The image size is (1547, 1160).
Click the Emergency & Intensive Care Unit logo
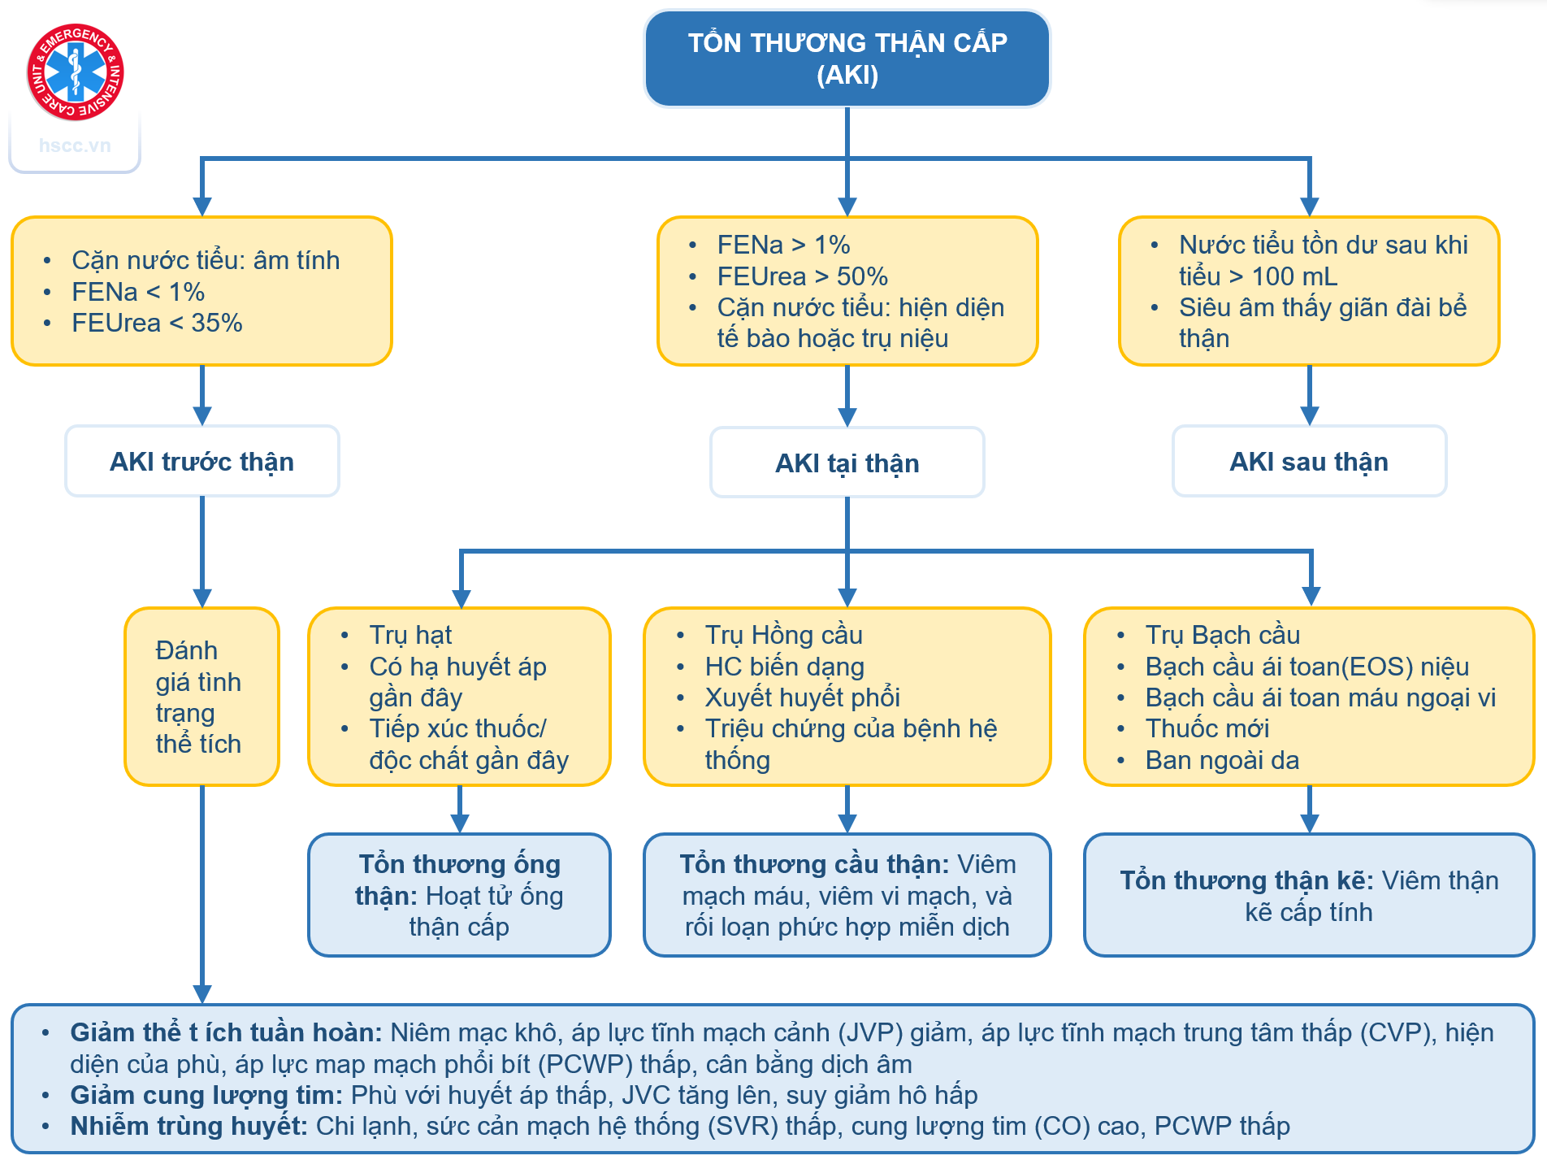[x=75, y=72]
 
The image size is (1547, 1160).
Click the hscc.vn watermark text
[x=75, y=146]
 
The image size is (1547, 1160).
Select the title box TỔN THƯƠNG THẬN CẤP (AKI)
[x=847, y=59]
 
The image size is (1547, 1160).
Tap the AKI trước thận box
[x=201, y=462]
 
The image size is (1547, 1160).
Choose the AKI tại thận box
[x=847, y=463]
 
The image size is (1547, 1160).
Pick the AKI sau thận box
[x=1308, y=462]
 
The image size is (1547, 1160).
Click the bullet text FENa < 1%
[x=137, y=292]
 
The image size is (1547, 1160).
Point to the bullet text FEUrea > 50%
[x=802, y=276]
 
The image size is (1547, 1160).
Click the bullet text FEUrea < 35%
[x=157, y=323]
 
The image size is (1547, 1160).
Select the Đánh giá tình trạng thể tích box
[x=201, y=697]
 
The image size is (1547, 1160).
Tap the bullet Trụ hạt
[x=410, y=635]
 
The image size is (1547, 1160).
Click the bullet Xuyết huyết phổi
[x=802, y=697]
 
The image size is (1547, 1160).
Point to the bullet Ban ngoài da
[x=1221, y=760]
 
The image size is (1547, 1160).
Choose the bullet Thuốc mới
[x=1207, y=728]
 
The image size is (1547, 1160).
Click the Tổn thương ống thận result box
[x=459, y=895]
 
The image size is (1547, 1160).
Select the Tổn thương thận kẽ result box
[x=1308, y=895]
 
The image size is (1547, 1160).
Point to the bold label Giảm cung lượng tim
[x=206, y=1095]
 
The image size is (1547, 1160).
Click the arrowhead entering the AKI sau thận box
[x=1309, y=415]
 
